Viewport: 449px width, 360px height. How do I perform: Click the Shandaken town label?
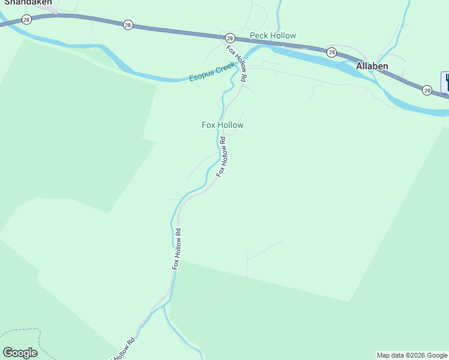point(27,2)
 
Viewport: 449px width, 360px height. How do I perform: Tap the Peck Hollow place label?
point(273,36)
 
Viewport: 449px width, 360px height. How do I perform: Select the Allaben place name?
point(372,66)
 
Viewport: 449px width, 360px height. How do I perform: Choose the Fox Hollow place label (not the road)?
point(222,125)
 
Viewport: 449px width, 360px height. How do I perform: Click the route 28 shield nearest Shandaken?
point(26,20)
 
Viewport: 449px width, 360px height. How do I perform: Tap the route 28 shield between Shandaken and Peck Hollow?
point(128,25)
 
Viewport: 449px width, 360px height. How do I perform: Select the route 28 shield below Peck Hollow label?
point(229,38)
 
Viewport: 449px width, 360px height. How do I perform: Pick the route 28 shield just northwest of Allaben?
point(331,53)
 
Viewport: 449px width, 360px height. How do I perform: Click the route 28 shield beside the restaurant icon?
point(426,90)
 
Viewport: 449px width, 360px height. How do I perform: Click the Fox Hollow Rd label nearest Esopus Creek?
point(237,63)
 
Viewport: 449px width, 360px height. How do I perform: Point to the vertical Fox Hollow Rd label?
point(176,248)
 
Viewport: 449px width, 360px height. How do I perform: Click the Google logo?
point(20,353)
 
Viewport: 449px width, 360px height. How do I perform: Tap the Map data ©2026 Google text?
point(412,355)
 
